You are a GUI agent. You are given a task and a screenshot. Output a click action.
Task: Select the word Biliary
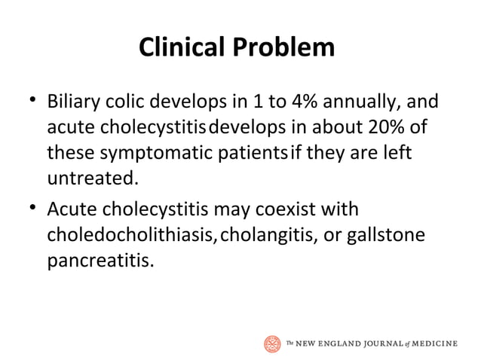(x=75, y=101)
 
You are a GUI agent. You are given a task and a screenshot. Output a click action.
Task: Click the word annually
(x=377, y=101)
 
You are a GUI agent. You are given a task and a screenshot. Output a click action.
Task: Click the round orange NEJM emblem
(x=272, y=343)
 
